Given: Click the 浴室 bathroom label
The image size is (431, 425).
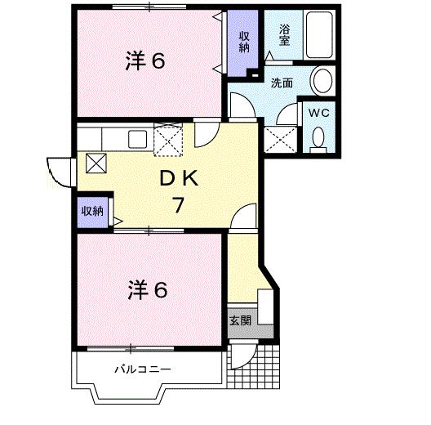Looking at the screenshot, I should pyautogui.click(x=285, y=36).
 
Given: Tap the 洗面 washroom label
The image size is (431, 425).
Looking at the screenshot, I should pyautogui.click(x=282, y=83).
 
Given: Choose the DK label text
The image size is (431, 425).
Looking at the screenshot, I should pyautogui.click(x=176, y=177).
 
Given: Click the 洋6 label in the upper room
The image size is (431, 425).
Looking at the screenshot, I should pyautogui.click(x=147, y=61).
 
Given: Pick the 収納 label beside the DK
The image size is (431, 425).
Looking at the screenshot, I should pyautogui.click(x=92, y=211).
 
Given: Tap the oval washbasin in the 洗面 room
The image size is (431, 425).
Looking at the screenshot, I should pyautogui.click(x=322, y=81).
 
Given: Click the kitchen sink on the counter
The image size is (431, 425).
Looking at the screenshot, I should pyautogui.click(x=136, y=138).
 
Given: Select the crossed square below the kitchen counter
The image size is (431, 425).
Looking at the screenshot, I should pyautogui.click(x=96, y=163).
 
